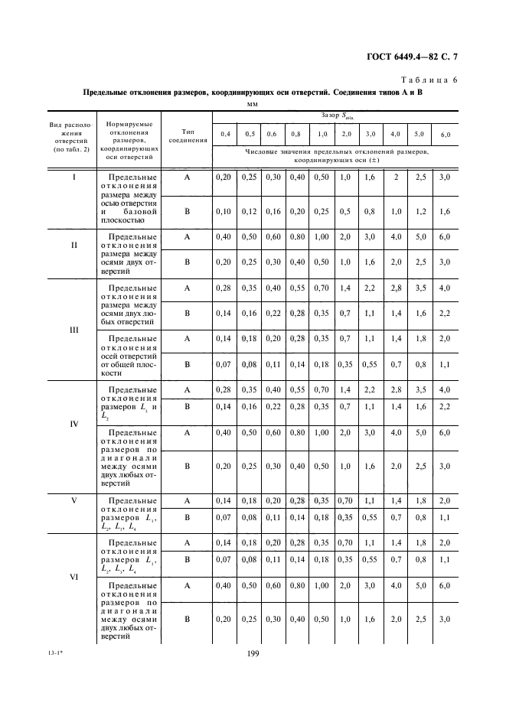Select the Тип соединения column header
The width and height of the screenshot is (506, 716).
point(187,135)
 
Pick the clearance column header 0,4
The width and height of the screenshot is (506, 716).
point(224,134)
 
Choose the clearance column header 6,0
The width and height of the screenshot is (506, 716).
point(445,135)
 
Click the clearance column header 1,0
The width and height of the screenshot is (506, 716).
point(322,134)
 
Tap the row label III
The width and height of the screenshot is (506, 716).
point(74,331)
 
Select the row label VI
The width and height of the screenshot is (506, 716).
point(74,578)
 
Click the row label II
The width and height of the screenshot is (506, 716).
point(74,246)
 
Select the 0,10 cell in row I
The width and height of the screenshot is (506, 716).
point(224,211)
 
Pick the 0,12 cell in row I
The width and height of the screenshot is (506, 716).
point(249,211)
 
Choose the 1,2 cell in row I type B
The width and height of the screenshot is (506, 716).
point(419,211)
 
